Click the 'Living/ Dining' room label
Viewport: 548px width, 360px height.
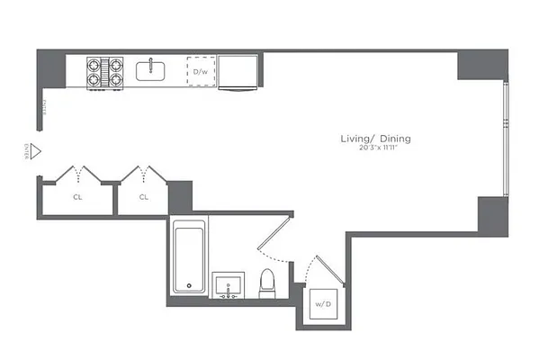tap(375, 139)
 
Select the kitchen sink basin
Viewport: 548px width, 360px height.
tap(149, 70)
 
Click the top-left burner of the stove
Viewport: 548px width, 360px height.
tap(94, 64)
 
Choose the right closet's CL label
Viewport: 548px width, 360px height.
tap(144, 196)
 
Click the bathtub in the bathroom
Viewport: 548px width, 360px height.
tap(189, 257)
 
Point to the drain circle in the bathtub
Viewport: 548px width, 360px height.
tap(189, 286)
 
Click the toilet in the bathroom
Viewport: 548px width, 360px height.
tap(267, 283)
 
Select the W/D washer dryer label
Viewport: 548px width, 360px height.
tap(322, 303)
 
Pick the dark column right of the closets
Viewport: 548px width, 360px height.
tap(180, 197)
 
